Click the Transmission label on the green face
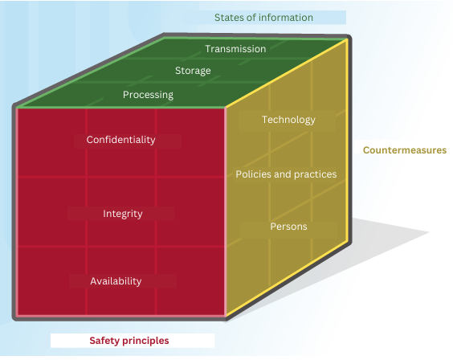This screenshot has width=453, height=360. (235, 49)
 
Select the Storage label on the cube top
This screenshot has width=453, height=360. (193, 71)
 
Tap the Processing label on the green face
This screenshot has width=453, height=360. (148, 95)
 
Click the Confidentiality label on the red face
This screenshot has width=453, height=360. (120, 140)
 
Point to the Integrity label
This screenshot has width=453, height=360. (123, 214)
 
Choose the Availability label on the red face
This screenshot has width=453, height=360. (116, 281)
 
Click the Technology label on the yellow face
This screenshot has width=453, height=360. (288, 120)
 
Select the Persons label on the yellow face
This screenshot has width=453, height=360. (288, 227)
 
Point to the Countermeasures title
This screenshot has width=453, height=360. (405, 150)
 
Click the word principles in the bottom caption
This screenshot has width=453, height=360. (145, 341)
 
